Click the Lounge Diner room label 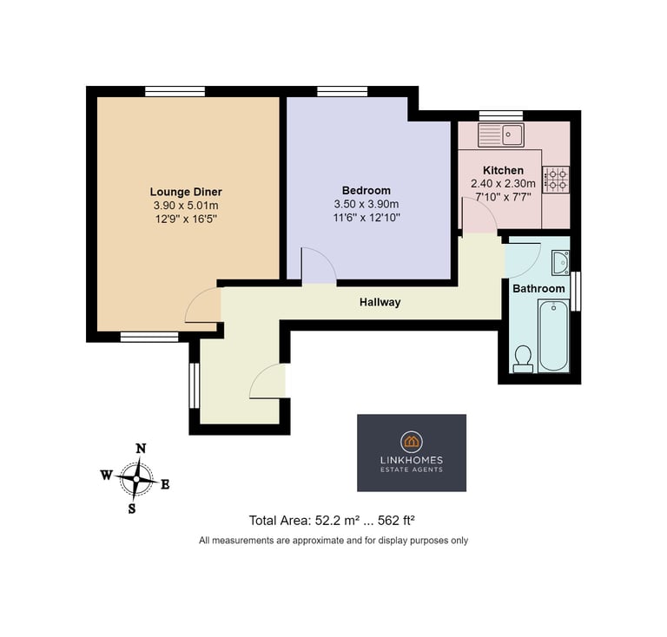coord(186,192)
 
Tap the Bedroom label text coord(367,190)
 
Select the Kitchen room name coord(503,170)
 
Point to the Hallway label coord(380,302)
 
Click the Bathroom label coord(538,288)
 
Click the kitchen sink coord(501,135)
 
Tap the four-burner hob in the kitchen coord(556,180)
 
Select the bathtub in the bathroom coord(553,335)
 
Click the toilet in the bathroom coord(523,359)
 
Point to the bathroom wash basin coord(560,263)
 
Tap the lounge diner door coord(203,305)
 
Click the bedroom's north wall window coord(342,91)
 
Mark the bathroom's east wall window coord(576,291)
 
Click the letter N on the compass coord(141,449)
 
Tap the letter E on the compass coord(165,484)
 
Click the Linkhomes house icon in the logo coord(412,442)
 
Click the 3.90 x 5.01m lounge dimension coord(186,206)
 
